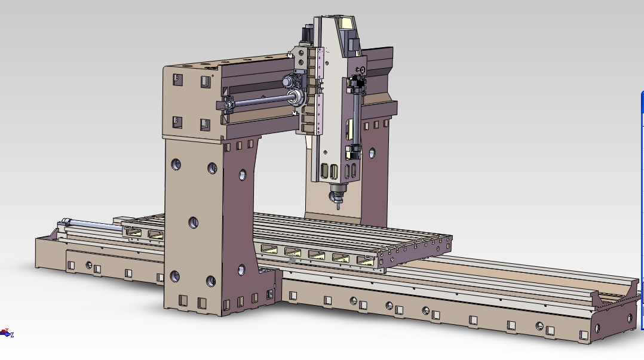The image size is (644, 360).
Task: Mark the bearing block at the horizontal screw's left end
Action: pos(227,105)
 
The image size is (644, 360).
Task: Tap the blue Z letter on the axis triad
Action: pos(13,335)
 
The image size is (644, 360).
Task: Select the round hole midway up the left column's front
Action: pos(193,223)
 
